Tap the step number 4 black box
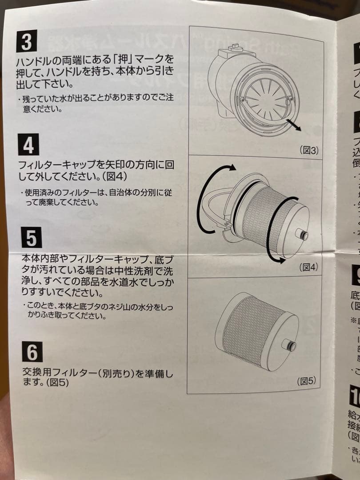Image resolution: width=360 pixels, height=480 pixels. click(28, 144)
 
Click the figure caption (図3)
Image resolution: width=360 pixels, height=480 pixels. click(308, 150)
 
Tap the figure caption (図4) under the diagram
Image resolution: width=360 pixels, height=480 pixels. click(308, 267)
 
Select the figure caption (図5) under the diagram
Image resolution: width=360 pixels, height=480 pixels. click(306, 381)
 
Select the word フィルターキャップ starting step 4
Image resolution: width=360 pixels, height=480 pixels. click(56, 165)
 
